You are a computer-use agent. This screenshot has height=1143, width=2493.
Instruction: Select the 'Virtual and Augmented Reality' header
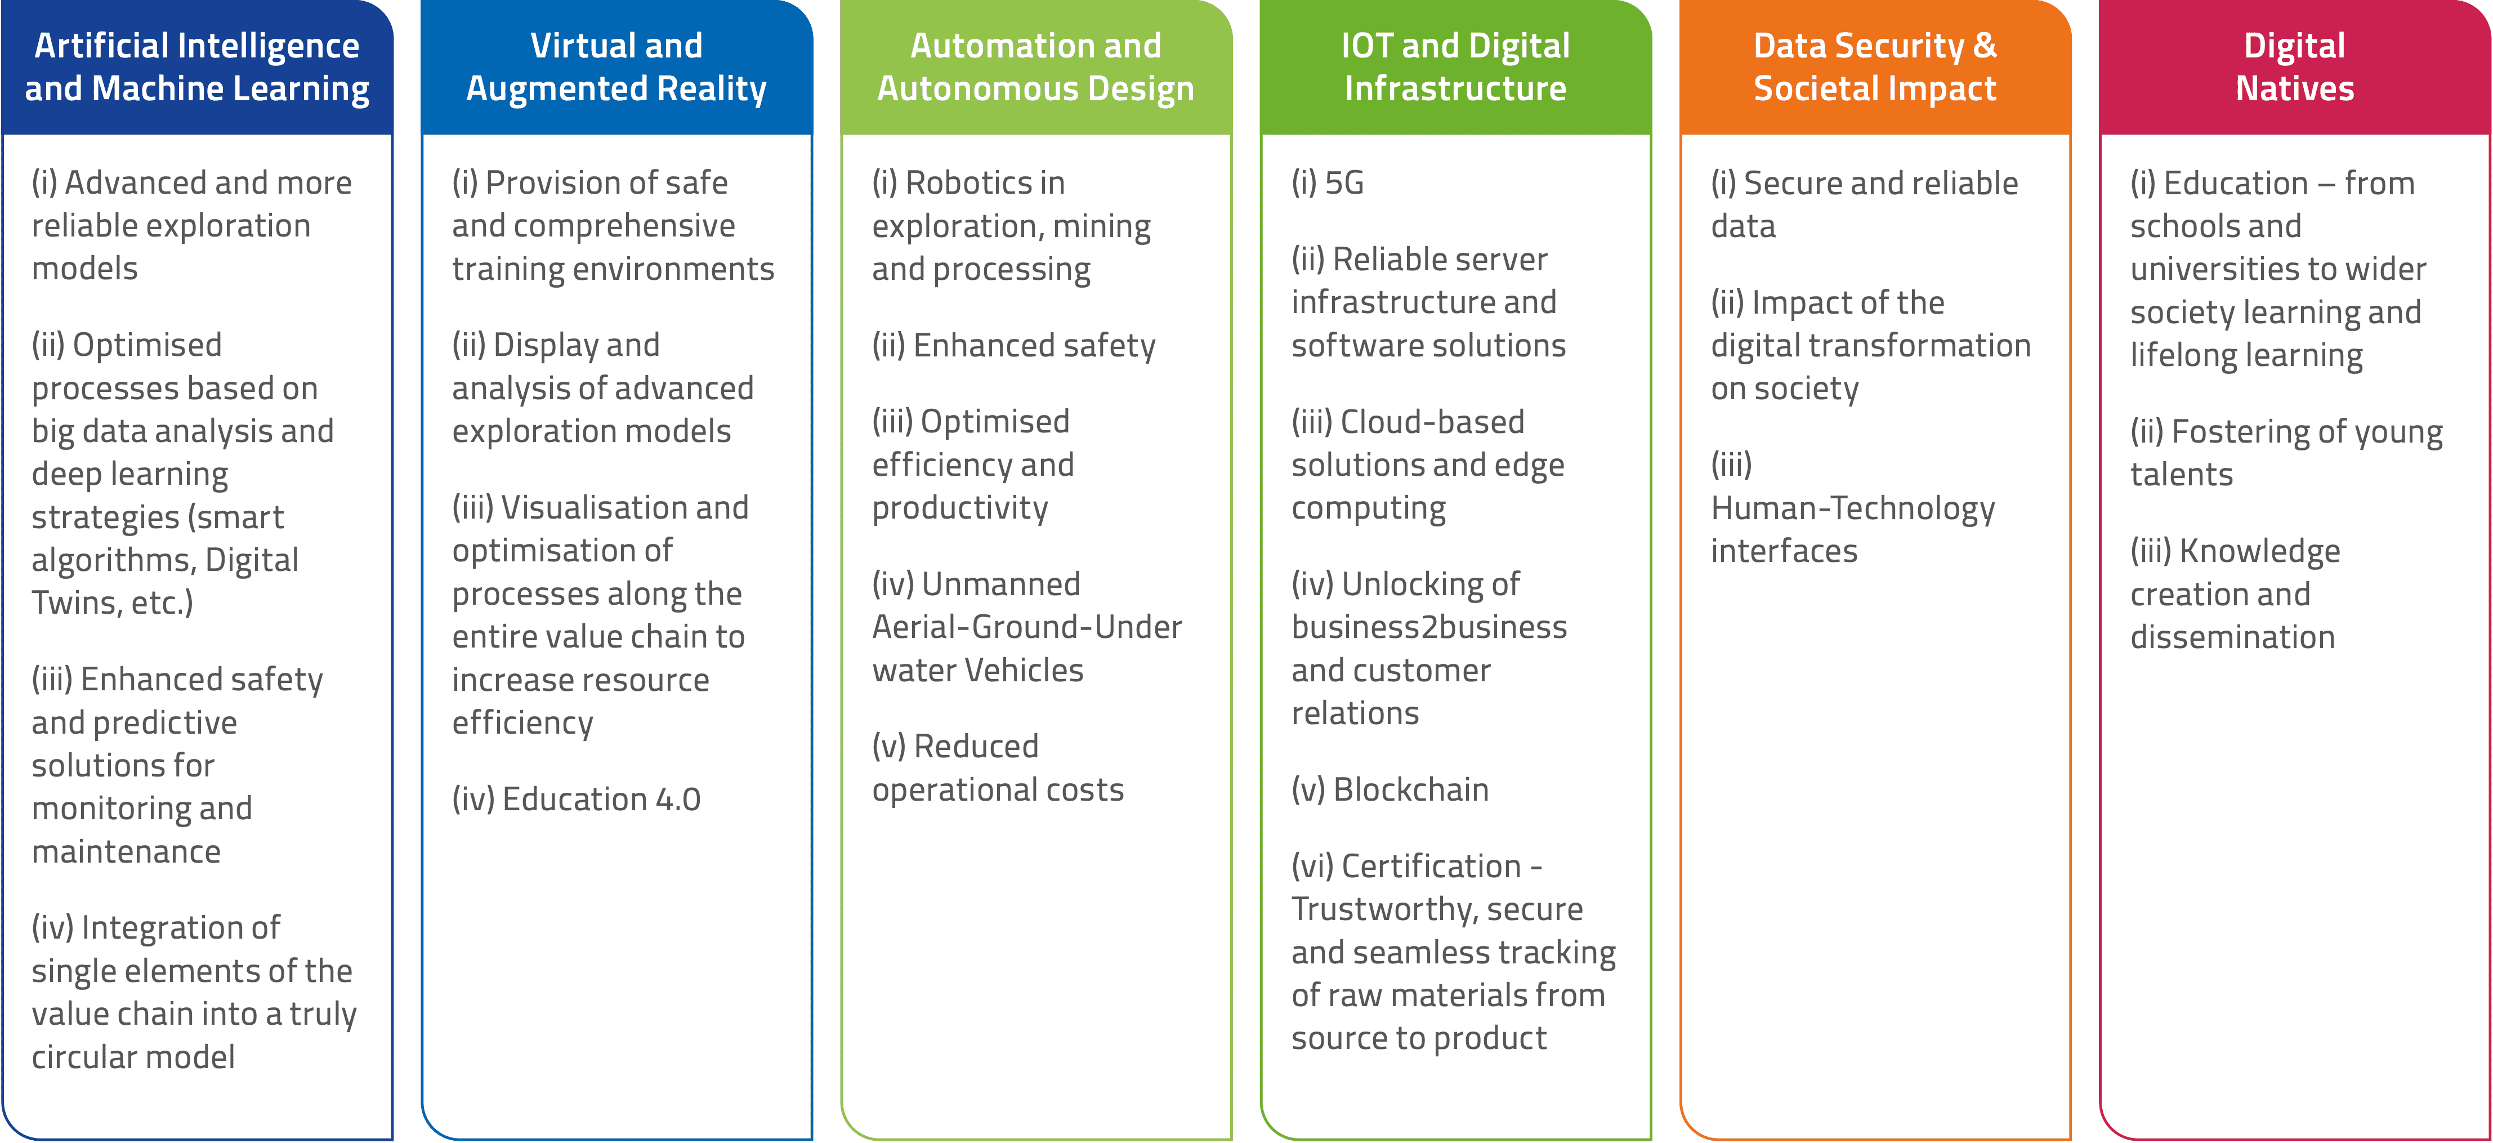pos(616,67)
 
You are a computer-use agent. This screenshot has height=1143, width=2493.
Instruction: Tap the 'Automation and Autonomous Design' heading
pos(1035,67)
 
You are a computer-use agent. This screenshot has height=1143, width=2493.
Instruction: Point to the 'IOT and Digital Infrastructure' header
pos(1455,67)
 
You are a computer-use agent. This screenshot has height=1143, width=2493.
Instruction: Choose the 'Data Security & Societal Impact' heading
pos(1875,67)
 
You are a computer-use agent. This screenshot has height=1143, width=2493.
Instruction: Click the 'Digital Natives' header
pos(2295,67)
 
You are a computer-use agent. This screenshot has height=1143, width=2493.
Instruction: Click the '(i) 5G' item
pos(1328,183)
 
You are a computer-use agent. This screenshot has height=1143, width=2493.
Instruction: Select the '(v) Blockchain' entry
pos(1390,790)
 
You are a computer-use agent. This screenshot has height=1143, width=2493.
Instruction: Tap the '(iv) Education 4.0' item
pos(576,800)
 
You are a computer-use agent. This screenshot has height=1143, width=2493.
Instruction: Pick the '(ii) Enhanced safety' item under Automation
pos(1013,346)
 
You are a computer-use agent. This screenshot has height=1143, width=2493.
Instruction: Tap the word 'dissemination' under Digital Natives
pos(2233,637)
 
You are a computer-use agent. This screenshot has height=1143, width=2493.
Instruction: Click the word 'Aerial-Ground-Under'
pos(1027,627)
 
